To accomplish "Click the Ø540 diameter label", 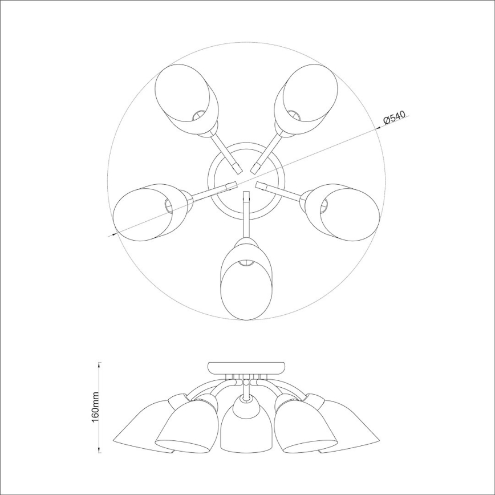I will (395, 119).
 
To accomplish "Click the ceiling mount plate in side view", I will (246, 367).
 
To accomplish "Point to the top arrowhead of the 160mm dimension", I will (100, 364).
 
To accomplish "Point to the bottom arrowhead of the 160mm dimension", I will (100, 451).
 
